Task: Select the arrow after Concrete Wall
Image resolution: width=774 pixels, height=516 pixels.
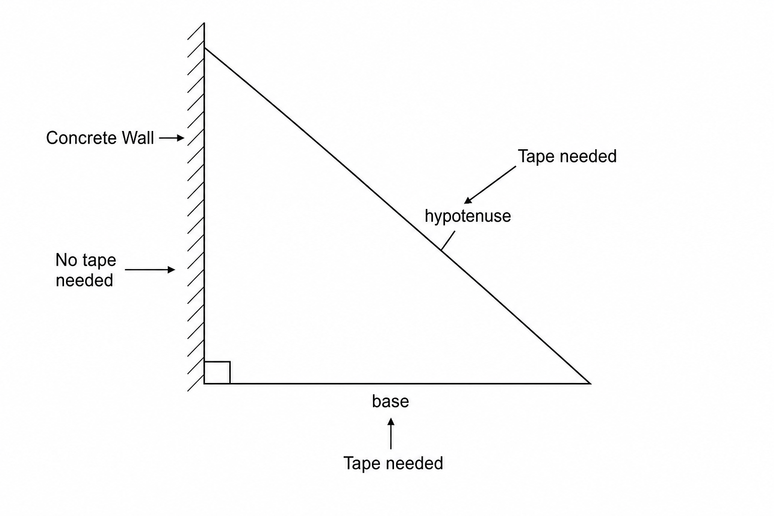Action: click(x=172, y=138)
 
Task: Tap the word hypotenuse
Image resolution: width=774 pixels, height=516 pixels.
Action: click(x=468, y=217)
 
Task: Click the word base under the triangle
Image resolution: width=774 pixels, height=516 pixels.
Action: click(x=391, y=402)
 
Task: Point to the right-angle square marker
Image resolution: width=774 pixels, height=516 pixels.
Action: click(x=217, y=372)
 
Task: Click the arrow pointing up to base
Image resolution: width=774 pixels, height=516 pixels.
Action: click(x=391, y=433)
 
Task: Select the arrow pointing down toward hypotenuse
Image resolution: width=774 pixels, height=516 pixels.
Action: click(x=490, y=185)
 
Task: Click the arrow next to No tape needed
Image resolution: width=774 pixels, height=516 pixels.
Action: click(x=150, y=270)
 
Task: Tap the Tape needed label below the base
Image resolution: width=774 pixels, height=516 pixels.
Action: click(x=393, y=463)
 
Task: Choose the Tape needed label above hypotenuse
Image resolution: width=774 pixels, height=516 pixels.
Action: click(x=567, y=156)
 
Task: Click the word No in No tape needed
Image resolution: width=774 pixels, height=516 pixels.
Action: click(x=67, y=260)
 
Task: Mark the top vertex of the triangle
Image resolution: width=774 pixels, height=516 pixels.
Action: click(x=204, y=48)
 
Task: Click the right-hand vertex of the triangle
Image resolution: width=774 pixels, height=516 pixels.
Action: click(x=590, y=383)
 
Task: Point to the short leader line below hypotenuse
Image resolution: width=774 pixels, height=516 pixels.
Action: click(x=448, y=240)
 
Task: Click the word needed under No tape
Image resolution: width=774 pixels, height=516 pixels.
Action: click(x=84, y=280)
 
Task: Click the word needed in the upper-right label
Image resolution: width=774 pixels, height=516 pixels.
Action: click(x=588, y=156)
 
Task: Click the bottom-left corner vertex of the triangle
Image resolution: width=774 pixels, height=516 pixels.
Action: click(x=204, y=383)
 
